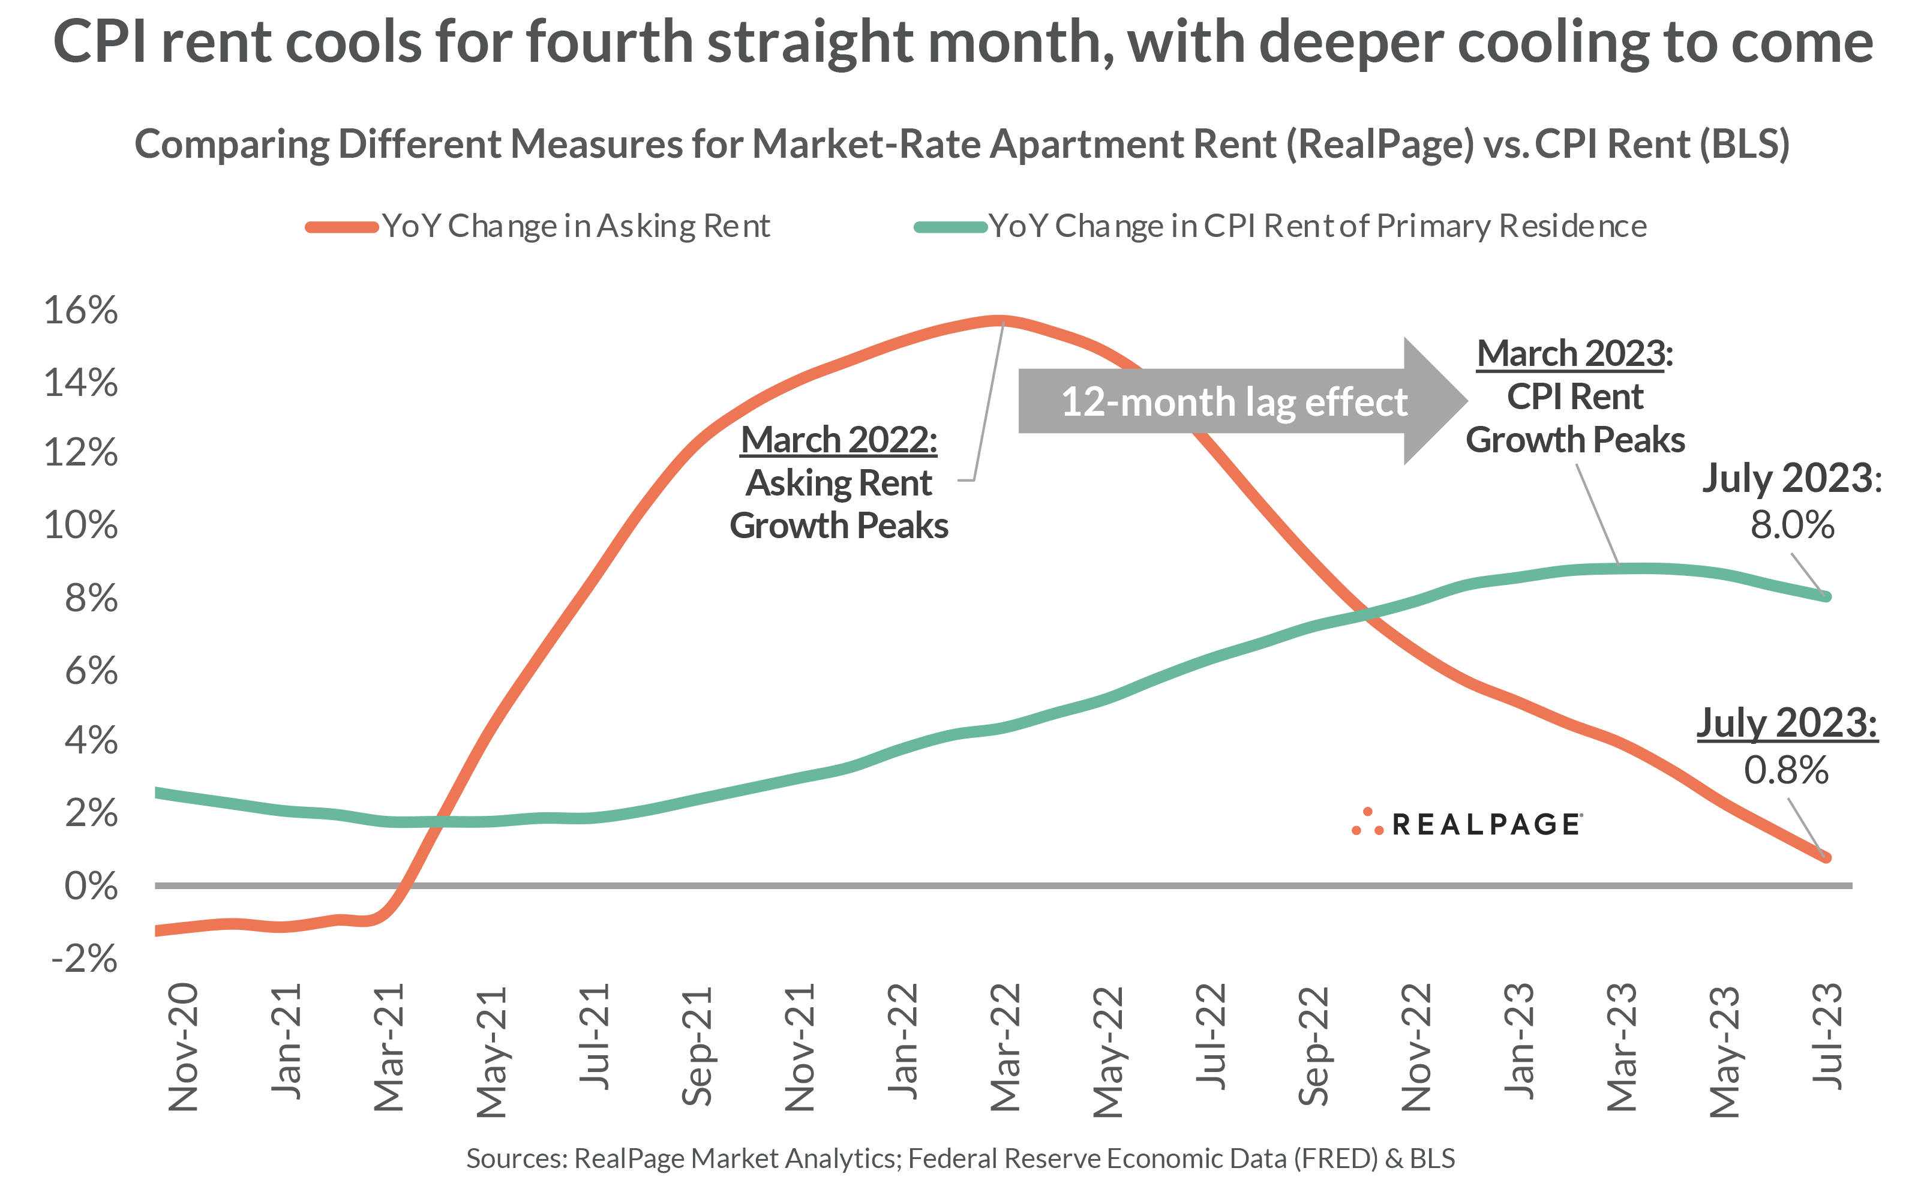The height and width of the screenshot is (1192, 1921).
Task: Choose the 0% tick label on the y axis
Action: (x=91, y=887)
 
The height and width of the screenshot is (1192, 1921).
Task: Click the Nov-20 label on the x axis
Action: (x=183, y=1047)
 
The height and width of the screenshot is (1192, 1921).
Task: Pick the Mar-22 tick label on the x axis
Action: (x=1005, y=1047)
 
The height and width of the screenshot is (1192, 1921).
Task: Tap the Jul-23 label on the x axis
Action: (x=1827, y=1037)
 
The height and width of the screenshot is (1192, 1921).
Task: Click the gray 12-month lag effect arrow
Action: (x=1238, y=401)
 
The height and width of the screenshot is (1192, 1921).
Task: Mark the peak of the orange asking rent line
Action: (x=999, y=320)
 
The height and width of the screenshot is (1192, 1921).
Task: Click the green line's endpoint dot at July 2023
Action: (x=1826, y=596)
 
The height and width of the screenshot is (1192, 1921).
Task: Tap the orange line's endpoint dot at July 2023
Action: (x=1826, y=857)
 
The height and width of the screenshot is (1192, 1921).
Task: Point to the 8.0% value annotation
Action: (x=1792, y=525)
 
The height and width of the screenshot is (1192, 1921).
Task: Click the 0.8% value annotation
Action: (x=1785, y=770)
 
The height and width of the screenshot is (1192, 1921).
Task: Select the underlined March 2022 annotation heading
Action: (x=839, y=440)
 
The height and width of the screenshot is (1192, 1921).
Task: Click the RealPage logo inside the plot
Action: (x=1466, y=824)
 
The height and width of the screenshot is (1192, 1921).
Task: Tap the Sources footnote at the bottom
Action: (x=960, y=1158)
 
